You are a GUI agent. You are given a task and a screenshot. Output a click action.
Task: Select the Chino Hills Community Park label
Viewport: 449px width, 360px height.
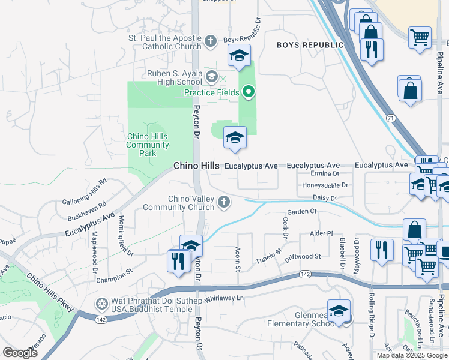pos(148,145)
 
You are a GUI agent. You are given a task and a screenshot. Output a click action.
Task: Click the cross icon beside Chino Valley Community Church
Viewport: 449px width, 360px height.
pos(224,202)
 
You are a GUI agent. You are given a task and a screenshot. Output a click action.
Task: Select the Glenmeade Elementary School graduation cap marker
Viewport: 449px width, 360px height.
pos(339,312)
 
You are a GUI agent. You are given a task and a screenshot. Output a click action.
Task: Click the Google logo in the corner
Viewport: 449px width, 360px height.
pos(20,353)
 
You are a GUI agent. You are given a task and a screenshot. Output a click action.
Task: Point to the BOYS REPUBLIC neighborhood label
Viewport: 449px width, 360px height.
pos(310,45)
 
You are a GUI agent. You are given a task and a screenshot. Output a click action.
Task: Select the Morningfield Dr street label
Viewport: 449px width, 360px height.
pos(124,236)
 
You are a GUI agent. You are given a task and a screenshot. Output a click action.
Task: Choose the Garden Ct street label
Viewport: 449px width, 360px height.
pos(301,211)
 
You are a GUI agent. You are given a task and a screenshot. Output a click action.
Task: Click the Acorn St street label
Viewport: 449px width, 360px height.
pos(238,259)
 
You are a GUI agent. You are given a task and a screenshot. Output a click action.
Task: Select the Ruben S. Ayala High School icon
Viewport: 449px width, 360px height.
pos(211,77)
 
